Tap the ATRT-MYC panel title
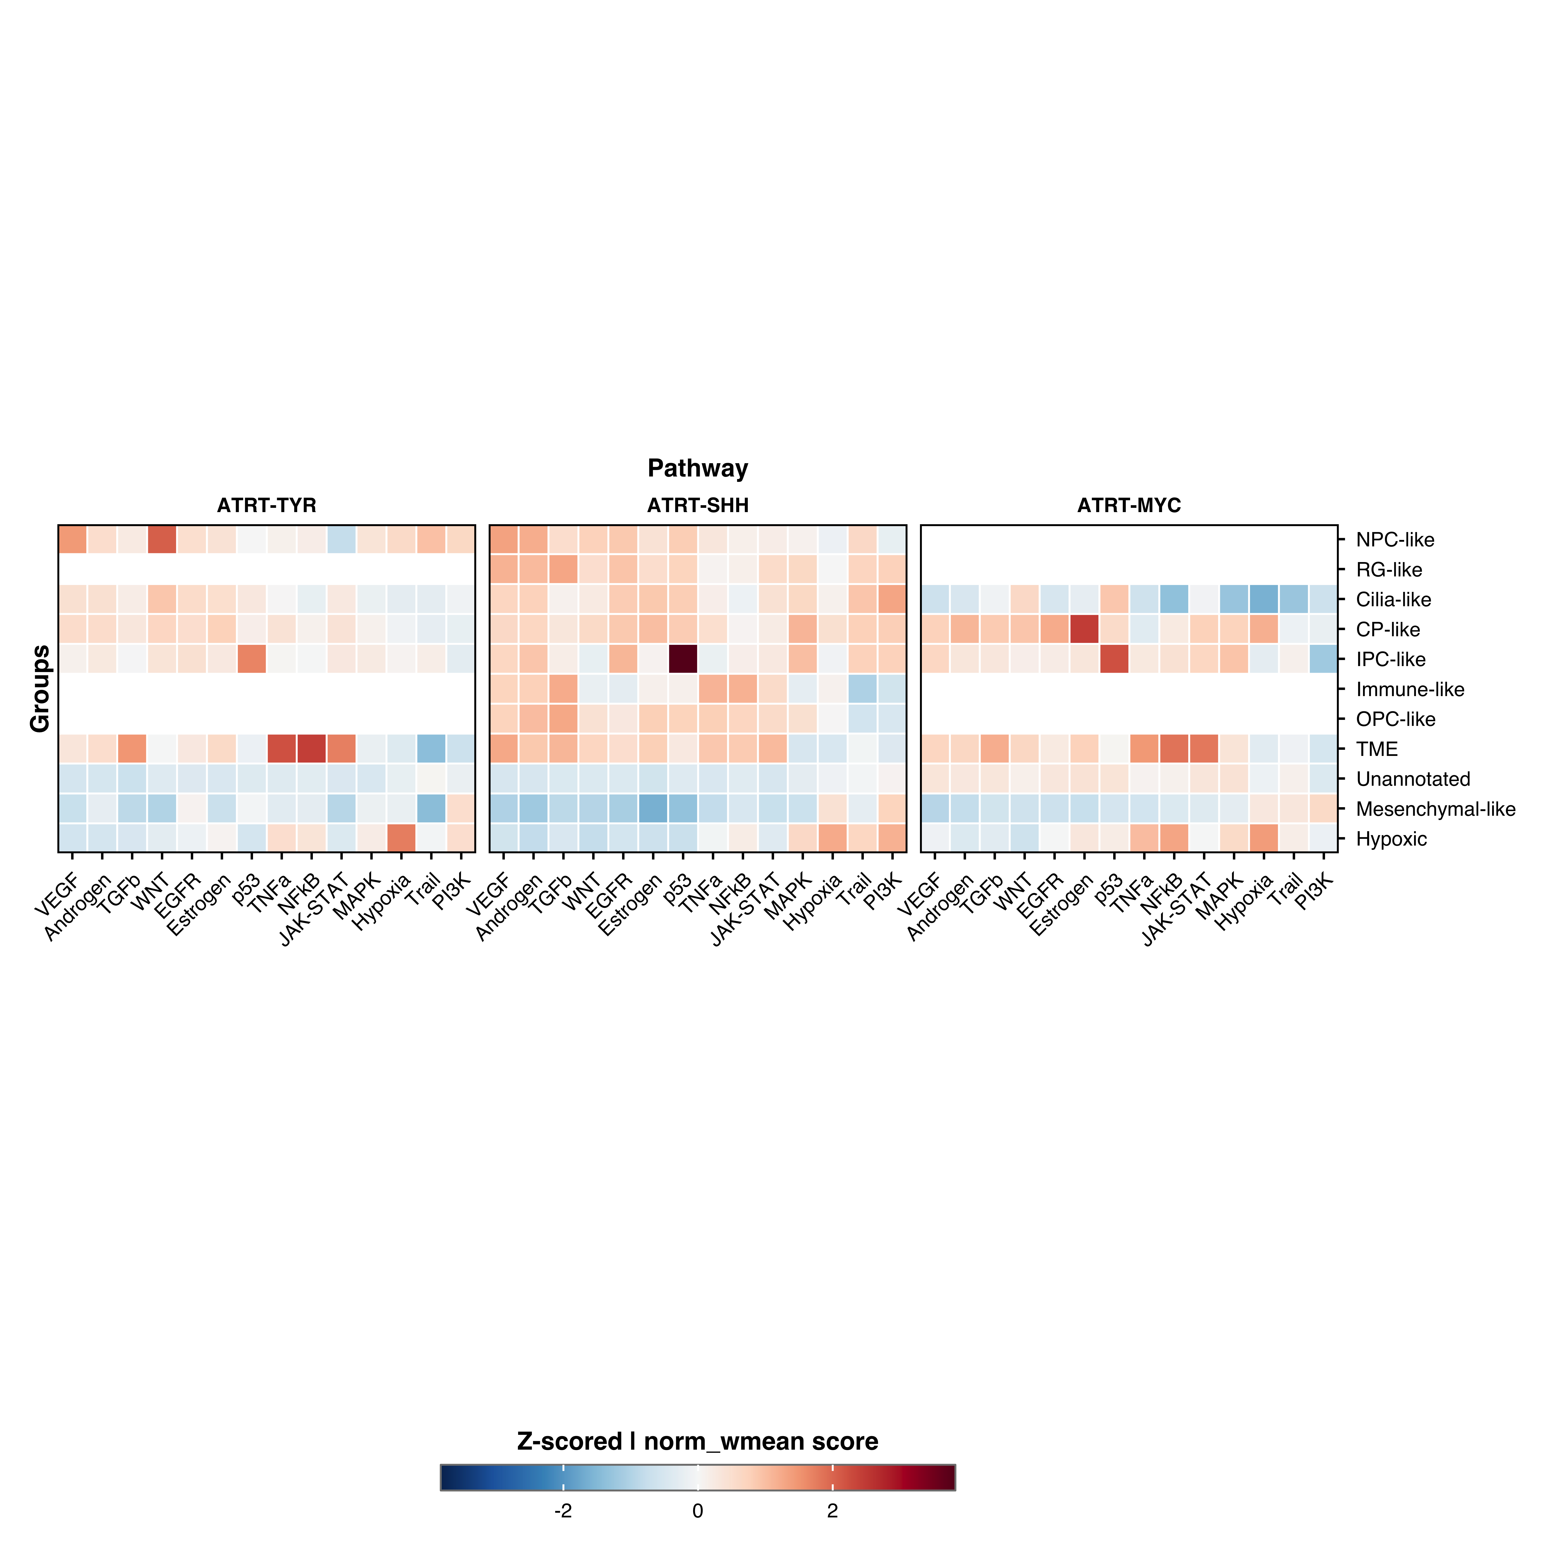pos(1128,505)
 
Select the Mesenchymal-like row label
pos(1435,809)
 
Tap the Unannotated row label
pos(1413,779)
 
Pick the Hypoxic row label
pos(1391,839)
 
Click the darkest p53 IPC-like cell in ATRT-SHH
pos(683,659)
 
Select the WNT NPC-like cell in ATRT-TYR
pos(162,540)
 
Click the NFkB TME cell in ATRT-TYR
pos(312,749)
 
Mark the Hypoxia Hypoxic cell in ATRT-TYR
pos(401,838)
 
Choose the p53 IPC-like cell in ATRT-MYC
pos(1114,659)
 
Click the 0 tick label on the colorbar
pos(698,1510)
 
